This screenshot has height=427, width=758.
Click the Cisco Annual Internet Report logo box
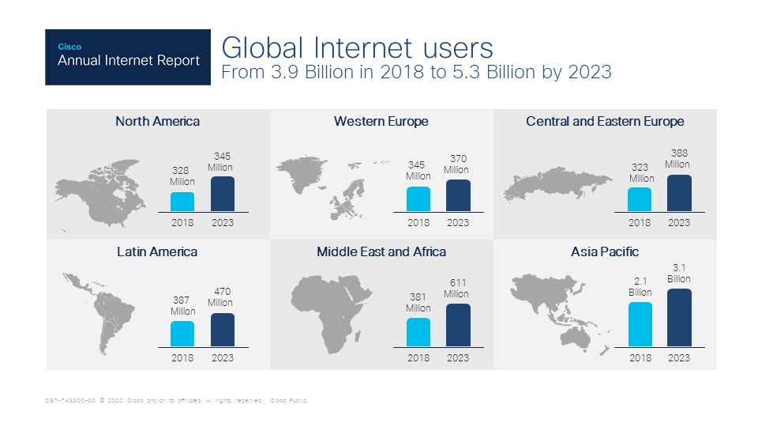point(128,57)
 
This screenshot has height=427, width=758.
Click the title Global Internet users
point(357,47)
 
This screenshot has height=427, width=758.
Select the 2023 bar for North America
point(223,194)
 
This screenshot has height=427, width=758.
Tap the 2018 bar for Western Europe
point(418,199)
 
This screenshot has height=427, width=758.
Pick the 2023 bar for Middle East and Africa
point(458,325)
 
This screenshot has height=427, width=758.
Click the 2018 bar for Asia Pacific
point(640,324)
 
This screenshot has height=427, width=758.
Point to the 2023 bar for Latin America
point(223,330)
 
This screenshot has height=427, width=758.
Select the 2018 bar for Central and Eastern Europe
point(640,199)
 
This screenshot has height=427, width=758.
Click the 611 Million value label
point(456,288)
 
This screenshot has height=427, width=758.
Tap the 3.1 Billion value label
point(678,274)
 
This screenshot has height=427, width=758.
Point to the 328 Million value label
point(182,176)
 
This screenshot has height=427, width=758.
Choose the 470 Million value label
point(220,297)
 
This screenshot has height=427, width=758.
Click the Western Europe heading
point(381,121)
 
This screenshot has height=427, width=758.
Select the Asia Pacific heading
point(605,251)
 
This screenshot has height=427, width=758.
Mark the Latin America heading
point(157,251)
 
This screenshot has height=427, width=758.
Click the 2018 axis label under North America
point(182,223)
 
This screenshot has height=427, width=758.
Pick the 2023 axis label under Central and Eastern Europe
point(678,223)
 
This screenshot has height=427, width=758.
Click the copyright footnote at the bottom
point(175,401)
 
